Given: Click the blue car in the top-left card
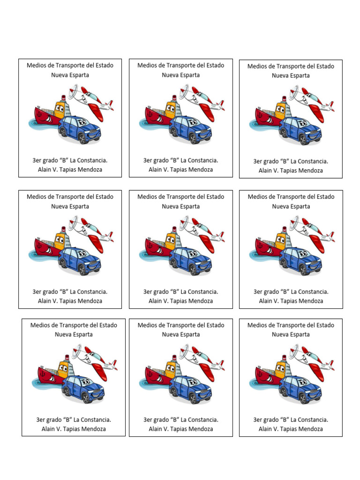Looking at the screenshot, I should point(80,129).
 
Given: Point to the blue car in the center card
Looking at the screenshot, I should point(190,261).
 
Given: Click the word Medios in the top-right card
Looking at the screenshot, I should point(257,67).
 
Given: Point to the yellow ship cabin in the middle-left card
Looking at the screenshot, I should point(60,240).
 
